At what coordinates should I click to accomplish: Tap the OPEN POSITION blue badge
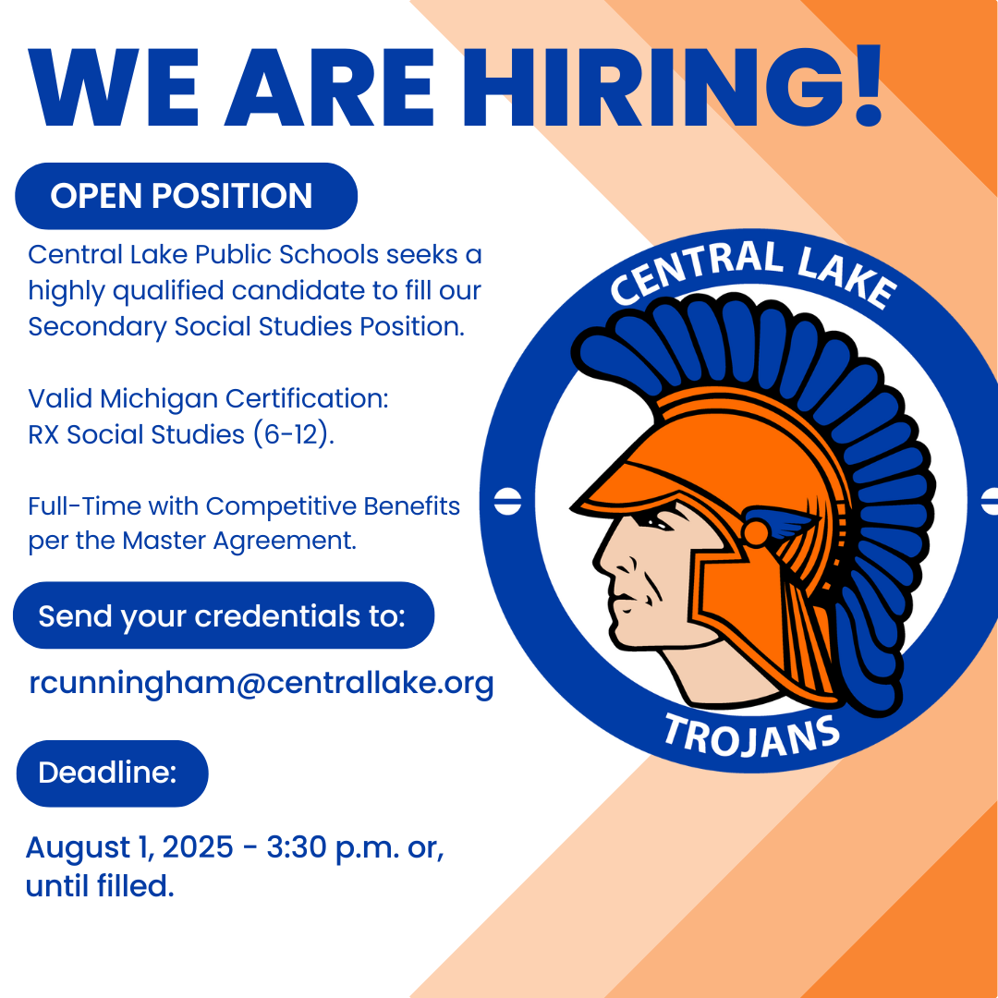186,196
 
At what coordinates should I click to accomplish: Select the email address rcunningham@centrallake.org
262,684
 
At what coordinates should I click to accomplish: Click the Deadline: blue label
112,773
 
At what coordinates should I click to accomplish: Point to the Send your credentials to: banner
224,615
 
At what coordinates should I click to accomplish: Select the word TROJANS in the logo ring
751,736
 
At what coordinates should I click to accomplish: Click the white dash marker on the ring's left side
508,502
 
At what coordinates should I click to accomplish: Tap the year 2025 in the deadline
198,847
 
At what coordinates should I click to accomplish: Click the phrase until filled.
100,885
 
